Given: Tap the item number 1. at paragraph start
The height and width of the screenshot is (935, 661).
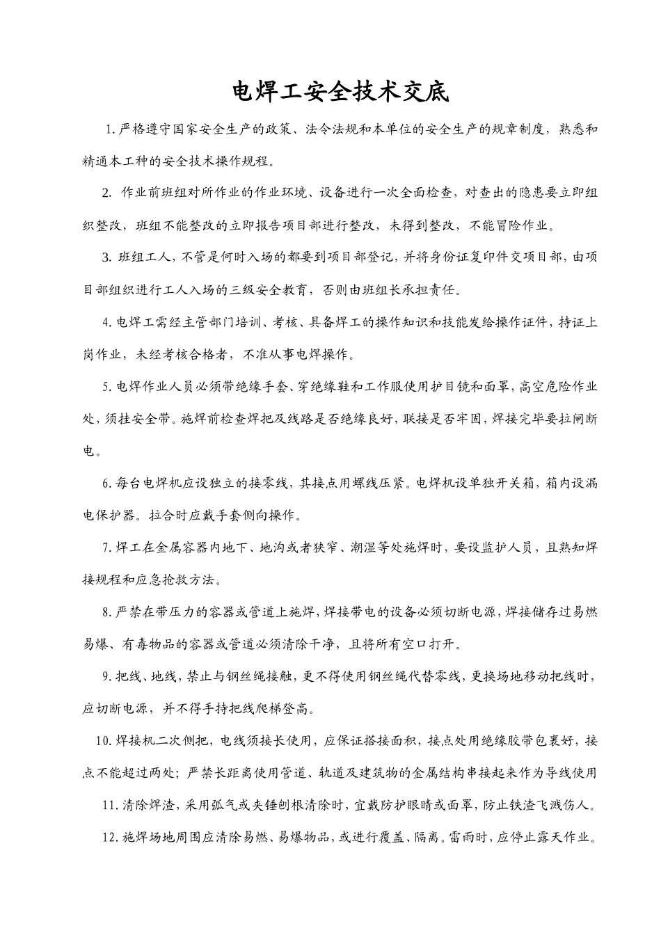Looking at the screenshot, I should (109, 129).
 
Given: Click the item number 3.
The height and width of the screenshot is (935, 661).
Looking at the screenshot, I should (106, 257).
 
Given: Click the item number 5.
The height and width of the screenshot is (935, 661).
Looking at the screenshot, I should (106, 386).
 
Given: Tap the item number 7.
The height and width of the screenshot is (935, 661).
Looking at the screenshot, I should (106, 548).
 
